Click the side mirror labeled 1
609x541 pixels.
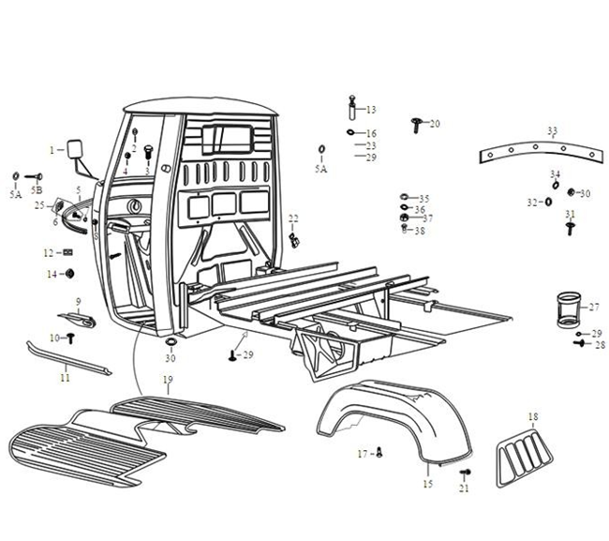[73, 149]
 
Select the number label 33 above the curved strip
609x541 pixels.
[552, 130]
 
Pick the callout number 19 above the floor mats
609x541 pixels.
[168, 380]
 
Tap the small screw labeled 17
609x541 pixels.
[379, 454]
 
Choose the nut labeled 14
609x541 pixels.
[68, 273]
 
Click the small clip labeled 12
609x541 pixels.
[68, 252]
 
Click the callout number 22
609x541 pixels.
[293, 218]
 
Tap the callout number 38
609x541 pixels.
[421, 231]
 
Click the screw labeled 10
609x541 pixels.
[69, 337]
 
